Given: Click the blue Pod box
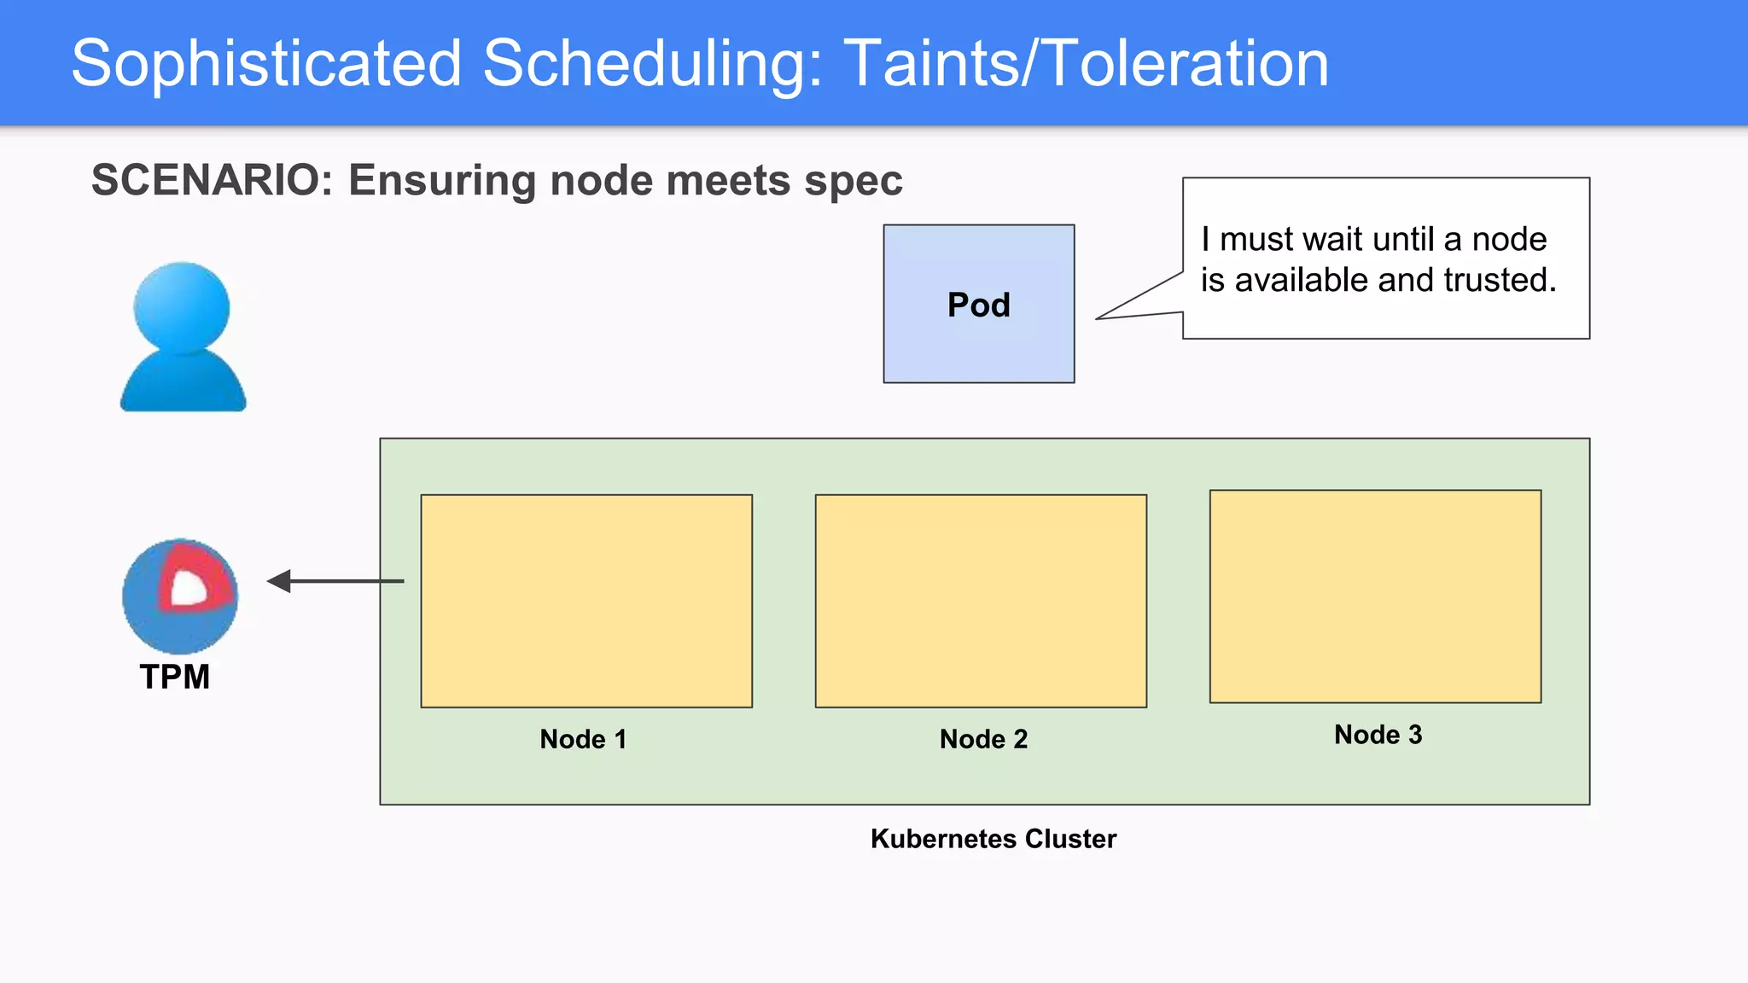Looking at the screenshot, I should tap(978, 304).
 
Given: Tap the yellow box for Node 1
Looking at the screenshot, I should tap(586, 601).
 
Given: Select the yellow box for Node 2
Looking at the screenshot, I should tap(981, 601).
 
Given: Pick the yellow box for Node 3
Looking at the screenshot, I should tap(1375, 596).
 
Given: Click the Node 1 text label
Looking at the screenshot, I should tap(583, 739).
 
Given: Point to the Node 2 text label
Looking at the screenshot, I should tap(983, 739).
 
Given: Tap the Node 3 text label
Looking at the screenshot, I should tap(1378, 735).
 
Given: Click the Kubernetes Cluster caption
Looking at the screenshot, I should tap(993, 839).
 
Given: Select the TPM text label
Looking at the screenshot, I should tap(175, 677).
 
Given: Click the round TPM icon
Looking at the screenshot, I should tap(180, 596).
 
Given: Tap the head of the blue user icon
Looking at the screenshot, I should tap(182, 307).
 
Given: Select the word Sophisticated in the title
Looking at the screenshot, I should tap(266, 64).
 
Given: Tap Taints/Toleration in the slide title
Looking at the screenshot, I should tap(1086, 64).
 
